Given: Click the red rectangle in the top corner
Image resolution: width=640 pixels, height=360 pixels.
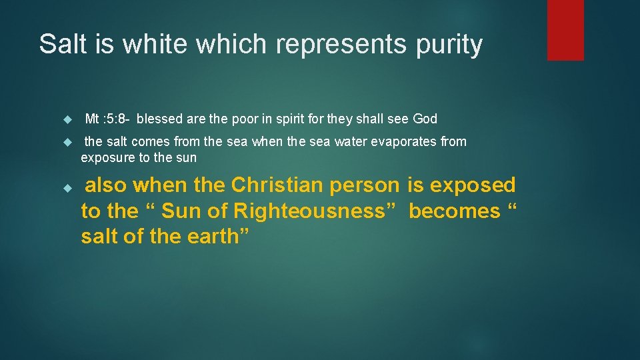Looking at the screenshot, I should click(565, 30).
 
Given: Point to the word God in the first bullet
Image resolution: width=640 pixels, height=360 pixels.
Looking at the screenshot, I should click(425, 119).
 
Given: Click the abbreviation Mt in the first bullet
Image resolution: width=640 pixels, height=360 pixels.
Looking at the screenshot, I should click(93, 119).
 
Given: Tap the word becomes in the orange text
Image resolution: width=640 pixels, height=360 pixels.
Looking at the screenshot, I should click(454, 211).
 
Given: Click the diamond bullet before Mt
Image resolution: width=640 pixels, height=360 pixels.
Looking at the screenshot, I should click(66, 120).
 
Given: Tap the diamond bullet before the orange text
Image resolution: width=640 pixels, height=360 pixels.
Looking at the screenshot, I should click(66, 189).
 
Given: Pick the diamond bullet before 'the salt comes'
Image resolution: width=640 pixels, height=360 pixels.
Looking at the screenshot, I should click(66, 142).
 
